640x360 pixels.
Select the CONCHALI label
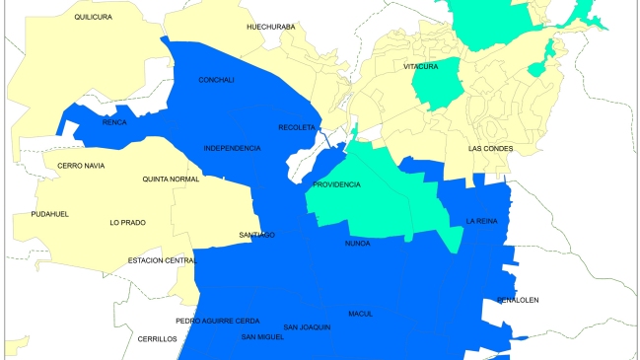[x=216, y=80]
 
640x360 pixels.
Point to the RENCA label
[x=114, y=123]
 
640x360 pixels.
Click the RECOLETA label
[x=297, y=127]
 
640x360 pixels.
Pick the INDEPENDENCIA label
[x=232, y=148]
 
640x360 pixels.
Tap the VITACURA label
[x=421, y=66]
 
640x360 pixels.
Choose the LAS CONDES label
[x=491, y=149]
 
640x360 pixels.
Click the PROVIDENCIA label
[x=336, y=185]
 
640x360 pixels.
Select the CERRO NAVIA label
[x=81, y=165]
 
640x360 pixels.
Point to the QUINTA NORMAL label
[x=171, y=179]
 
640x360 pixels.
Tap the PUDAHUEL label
[x=49, y=214]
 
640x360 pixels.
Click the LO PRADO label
[x=127, y=223]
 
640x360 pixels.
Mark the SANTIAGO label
[x=256, y=235]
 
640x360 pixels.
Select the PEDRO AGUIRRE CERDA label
[x=217, y=321]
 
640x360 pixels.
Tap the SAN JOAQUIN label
[x=306, y=327]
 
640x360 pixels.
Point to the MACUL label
[x=360, y=314]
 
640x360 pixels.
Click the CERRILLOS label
[x=157, y=338]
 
